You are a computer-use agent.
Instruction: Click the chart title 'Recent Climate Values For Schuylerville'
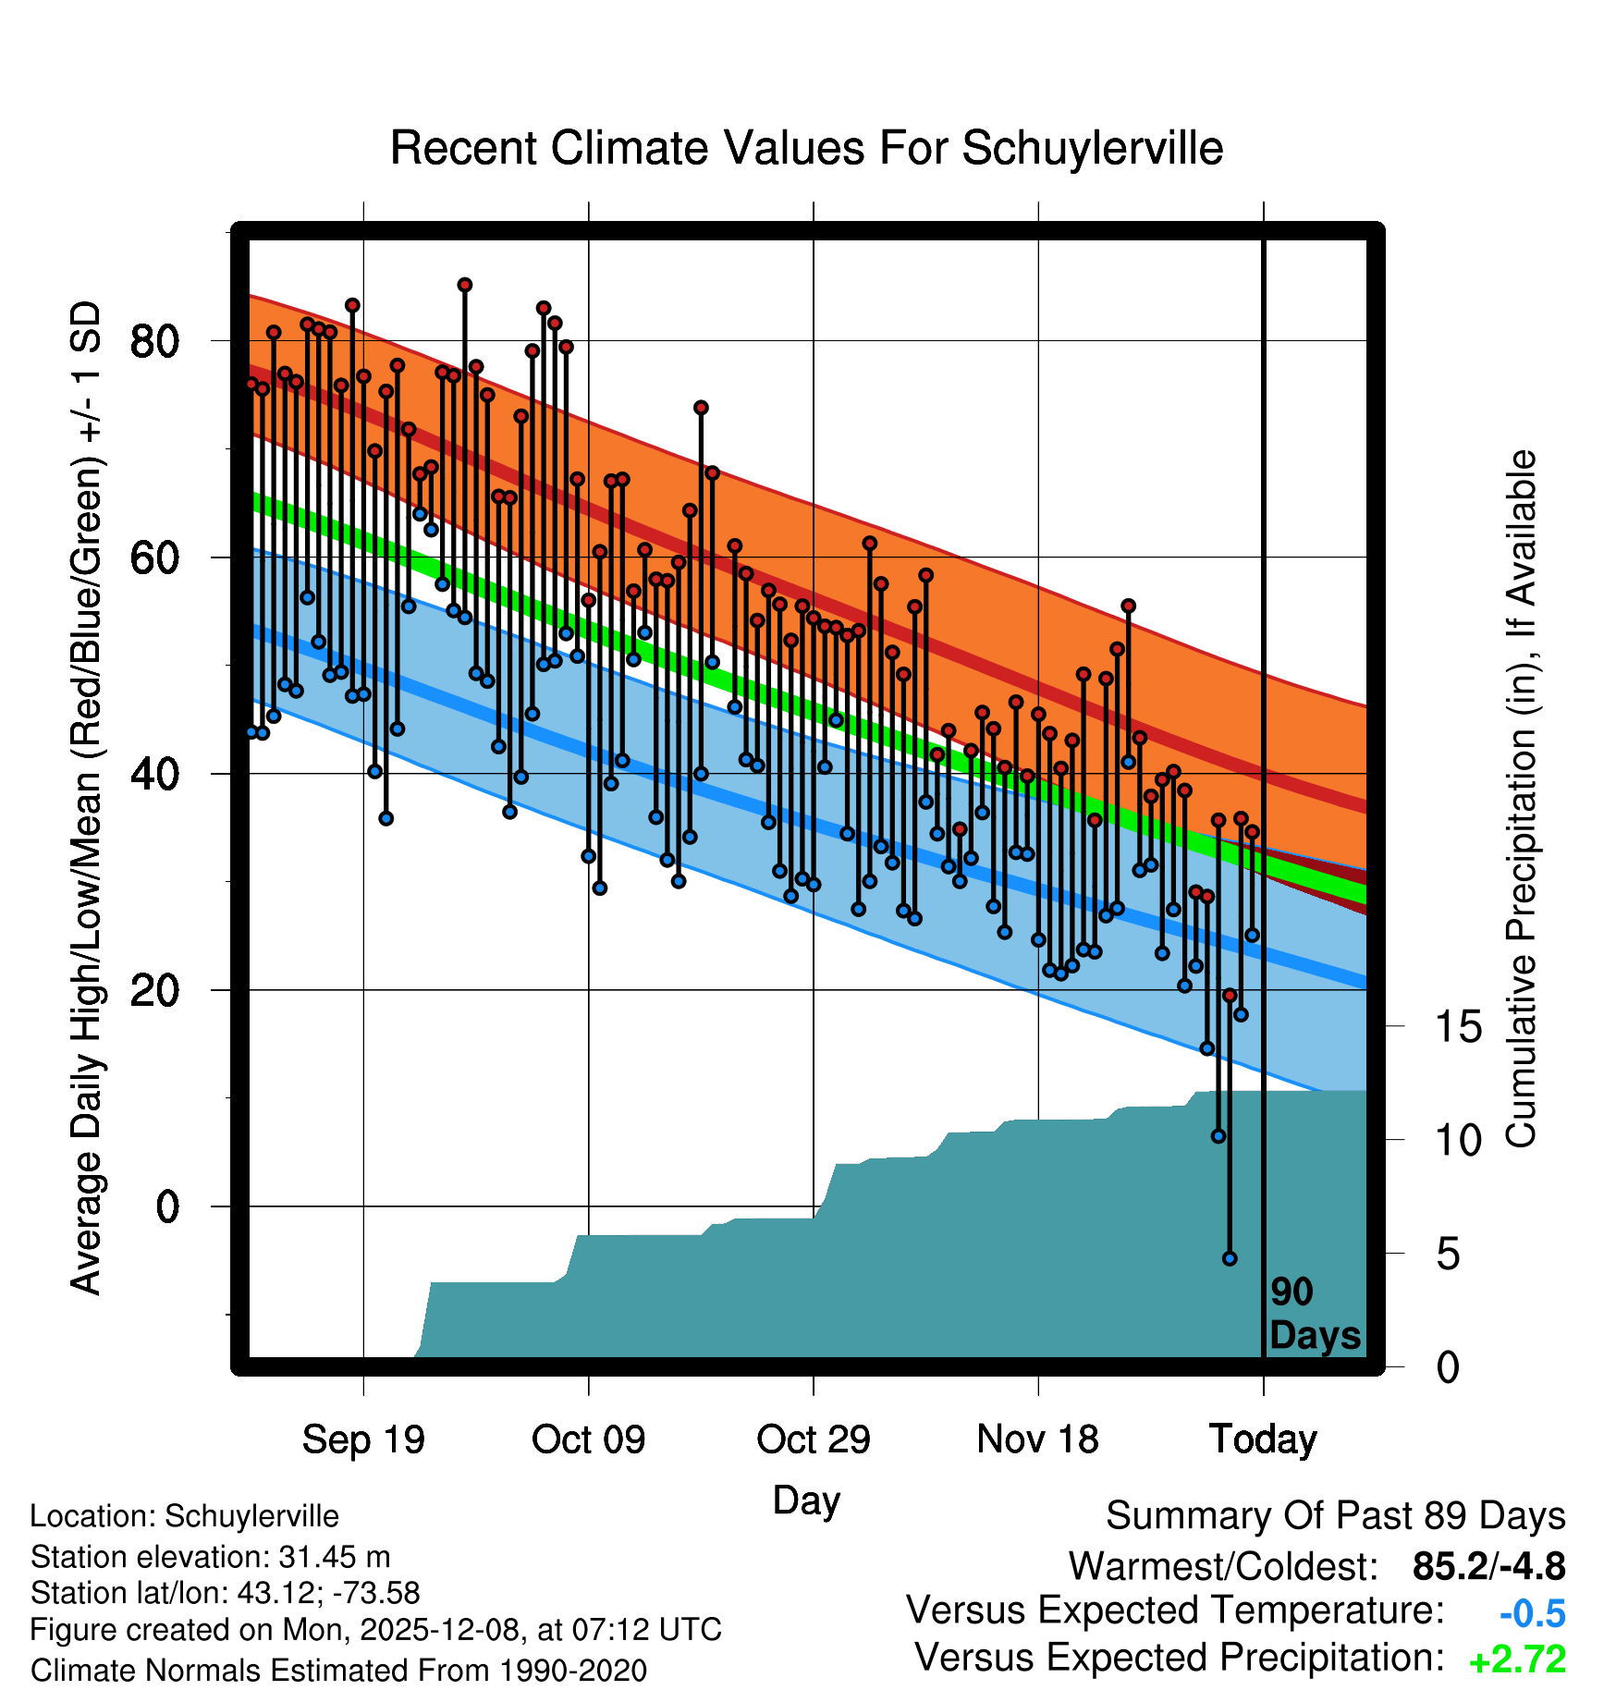coord(806,148)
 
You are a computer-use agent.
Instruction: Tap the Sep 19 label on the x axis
coord(363,1439)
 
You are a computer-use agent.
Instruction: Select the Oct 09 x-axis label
coord(588,1439)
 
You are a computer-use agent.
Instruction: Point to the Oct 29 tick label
coord(813,1439)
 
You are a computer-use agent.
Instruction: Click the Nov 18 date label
coord(1037,1439)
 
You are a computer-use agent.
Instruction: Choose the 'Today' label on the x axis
coord(1263,1439)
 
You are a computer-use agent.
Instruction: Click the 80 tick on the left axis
coord(153,341)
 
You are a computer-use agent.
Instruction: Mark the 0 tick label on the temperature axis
coord(166,1206)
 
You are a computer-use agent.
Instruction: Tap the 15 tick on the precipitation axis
coord(1458,1027)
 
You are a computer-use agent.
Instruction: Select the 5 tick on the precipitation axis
coord(1448,1255)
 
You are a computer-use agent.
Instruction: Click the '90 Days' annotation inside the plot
coord(1314,1314)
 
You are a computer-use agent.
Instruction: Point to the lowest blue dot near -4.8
coord(1230,1258)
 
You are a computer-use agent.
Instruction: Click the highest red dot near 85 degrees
coord(465,285)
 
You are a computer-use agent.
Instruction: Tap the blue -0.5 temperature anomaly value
coord(1532,1614)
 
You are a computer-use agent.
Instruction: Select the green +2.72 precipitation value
coord(1517,1659)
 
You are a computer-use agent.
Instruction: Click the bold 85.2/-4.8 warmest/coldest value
coord(1488,1566)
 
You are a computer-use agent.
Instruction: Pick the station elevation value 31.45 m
coord(335,1557)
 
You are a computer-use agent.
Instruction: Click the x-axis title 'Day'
coord(806,1500)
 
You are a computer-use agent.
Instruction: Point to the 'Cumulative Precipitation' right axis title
coord(1521,799)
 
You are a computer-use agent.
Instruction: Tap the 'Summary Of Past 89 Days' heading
coord(1335,1516)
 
